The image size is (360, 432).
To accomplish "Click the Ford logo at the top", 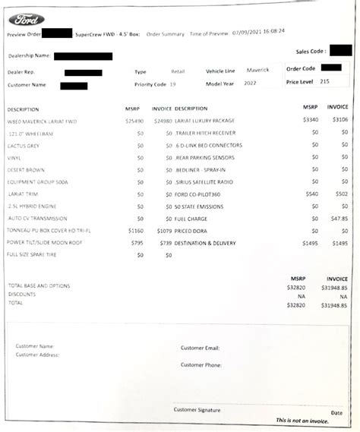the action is (x=27, y=19).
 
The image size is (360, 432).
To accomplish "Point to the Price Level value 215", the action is (x=324, y=80).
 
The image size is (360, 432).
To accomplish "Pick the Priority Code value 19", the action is (x=173, y=84).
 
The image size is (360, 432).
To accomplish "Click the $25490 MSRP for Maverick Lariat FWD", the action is (x=134, y=121).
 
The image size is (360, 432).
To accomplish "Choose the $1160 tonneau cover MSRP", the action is (x=135, y=229).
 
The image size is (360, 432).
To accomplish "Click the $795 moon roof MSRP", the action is (x=136, y=242).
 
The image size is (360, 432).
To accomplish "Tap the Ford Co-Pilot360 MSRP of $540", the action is (x=311, y=194).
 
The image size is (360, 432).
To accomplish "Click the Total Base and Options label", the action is (x=39, y=285).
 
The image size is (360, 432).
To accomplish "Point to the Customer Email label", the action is (x=201, y=348).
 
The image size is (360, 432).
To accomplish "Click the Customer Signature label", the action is (x=197, y=410).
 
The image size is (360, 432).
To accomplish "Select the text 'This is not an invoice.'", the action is (x=303, y=420).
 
